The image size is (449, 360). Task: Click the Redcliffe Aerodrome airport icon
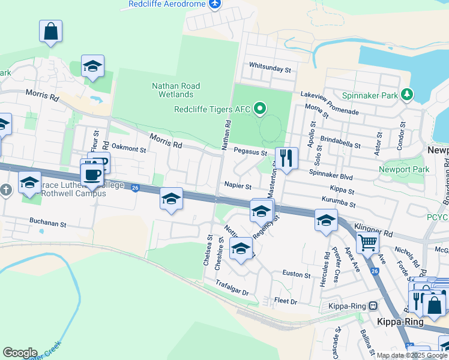(215, 4)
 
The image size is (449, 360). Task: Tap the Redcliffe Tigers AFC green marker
(259, 109)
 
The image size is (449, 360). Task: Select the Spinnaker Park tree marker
(408, 95)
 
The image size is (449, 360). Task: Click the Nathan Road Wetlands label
(176, 90)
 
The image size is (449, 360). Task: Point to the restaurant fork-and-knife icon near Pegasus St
(286, 159)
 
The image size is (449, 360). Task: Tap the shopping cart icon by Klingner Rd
(367, 243)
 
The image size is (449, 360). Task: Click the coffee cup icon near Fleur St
(92, 175)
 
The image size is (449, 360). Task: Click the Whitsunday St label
(270, 69)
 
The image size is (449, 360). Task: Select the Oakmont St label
(129, 148)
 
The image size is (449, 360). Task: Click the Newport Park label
(404, 170)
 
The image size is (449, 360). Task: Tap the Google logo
(20, 353)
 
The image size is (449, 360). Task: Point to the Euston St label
(297, 275)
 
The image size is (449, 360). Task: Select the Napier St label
(238, 186)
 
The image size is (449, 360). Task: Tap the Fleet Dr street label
(285, 301)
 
